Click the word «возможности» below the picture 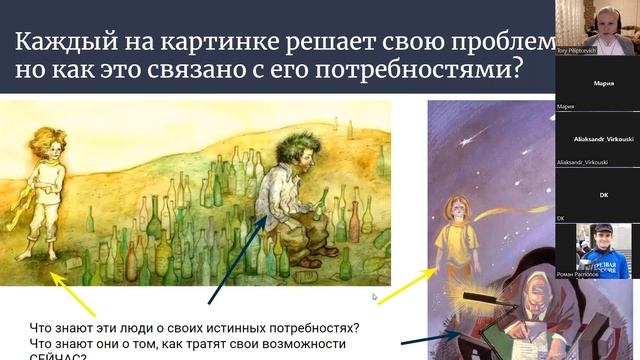pyautogui.click(x=300, y=344)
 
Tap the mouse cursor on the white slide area pyautogui.click(x=374, y=296)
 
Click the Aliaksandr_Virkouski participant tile pyautogui.click(x=597, y=141)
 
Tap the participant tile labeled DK pyautogui.click(x=597, y=195)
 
